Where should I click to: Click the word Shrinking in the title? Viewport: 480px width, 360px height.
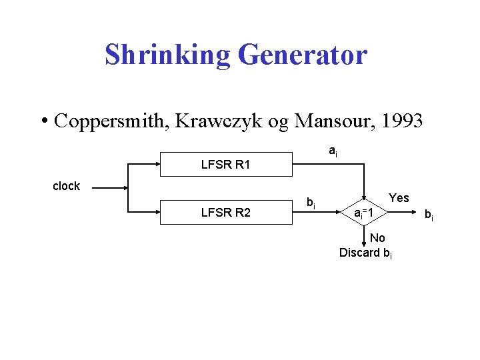(167, 55)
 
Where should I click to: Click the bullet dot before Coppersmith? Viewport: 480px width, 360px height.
(45, 121)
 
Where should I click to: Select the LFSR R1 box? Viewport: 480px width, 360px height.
(226, 164)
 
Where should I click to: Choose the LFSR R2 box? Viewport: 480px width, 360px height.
(226, 213)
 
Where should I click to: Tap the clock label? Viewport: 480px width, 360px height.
(66, 186)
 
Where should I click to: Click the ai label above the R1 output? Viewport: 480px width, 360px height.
(333, 153)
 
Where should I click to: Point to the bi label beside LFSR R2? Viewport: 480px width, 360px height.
(311, 201)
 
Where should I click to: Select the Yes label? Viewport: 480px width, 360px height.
(399, 198)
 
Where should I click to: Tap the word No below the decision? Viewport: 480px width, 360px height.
(377, 238)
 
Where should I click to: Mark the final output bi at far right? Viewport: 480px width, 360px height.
(429, 215)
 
